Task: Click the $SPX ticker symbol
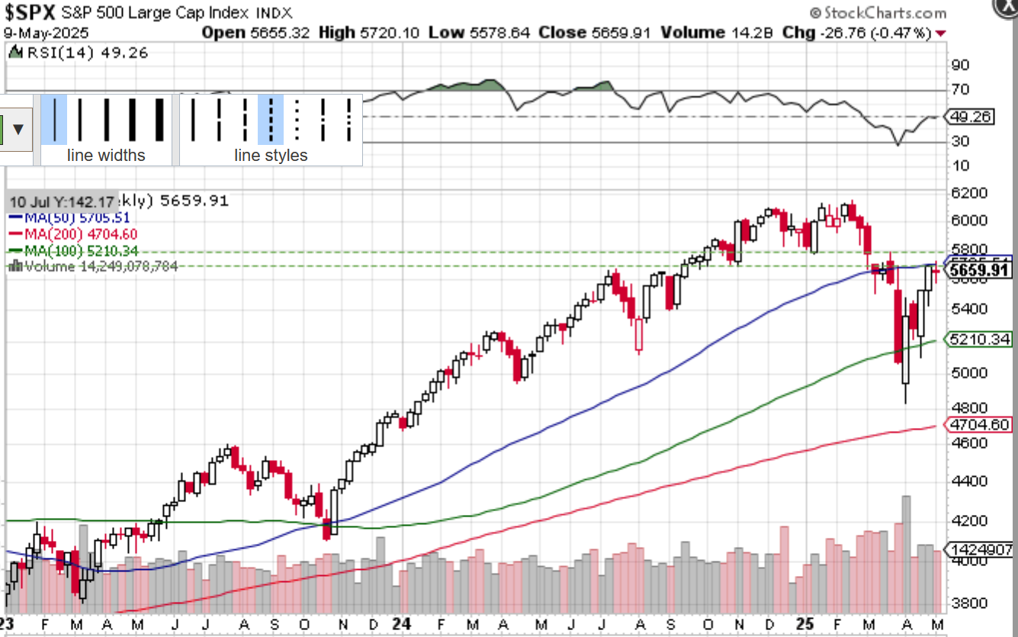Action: coord(31,13)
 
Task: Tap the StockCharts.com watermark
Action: coord(877,13)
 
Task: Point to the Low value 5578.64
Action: coord(495,32)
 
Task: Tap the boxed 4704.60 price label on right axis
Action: coord(978,425)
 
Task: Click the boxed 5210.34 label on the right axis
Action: coord(978,339)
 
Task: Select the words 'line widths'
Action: coord(106,156)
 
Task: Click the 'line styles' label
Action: coord(271,156)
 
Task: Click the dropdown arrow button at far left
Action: coord(18,128)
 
